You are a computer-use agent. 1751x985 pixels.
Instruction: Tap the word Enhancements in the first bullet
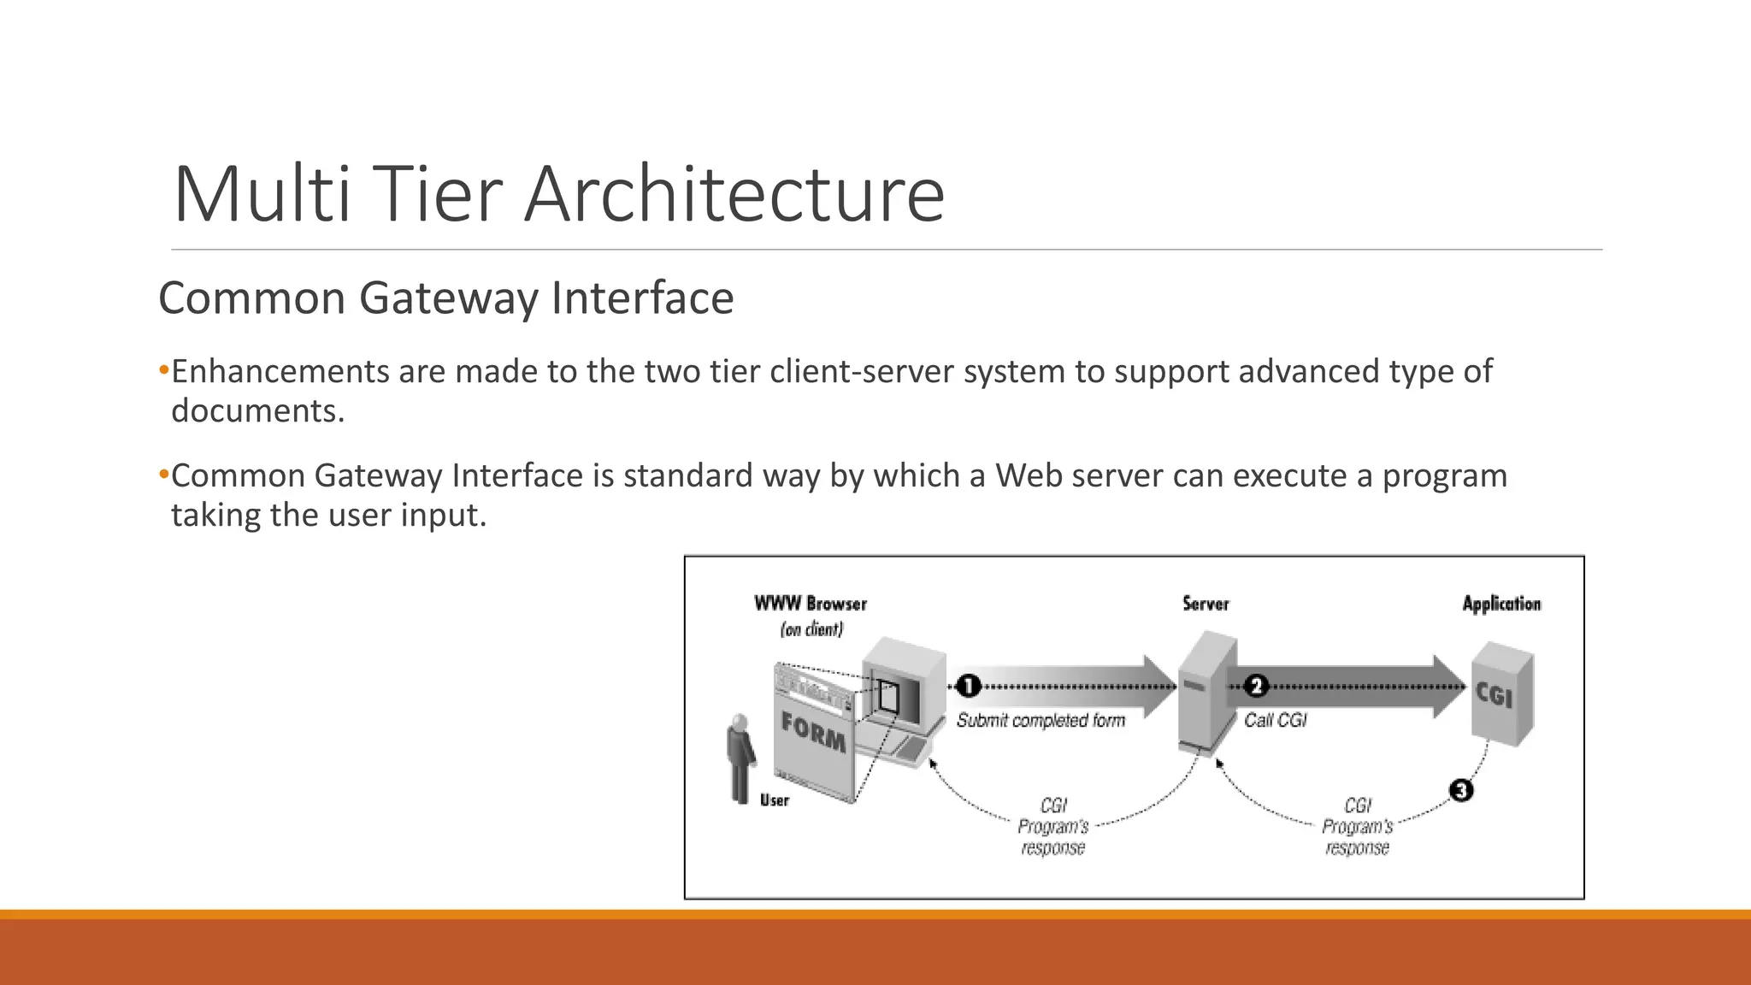[280, 372]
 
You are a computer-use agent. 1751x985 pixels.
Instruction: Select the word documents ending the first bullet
[256, 411]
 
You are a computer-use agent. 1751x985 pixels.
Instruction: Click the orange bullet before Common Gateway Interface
[164, 475]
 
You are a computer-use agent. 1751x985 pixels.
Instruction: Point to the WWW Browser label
[810, 604]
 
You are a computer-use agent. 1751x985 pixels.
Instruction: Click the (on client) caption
[811, 630]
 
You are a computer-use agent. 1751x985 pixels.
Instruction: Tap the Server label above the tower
[1206, 604]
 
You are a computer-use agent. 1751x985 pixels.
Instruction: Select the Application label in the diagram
[1501, 604]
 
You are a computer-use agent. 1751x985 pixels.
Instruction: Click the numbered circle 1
[968, 686]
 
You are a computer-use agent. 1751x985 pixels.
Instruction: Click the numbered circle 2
[1255, 686]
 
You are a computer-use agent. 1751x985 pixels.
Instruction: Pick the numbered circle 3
[1461, 790]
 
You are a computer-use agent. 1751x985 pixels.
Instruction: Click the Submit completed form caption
[1041, 721]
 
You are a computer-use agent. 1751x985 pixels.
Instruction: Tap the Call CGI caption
[1275, 721]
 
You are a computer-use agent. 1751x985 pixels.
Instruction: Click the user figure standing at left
[740, 758]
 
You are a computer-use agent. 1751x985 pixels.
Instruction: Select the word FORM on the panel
[813, 733]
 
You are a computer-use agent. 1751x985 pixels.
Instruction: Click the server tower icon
[1205, 693]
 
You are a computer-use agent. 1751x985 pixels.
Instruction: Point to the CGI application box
[1501, 697]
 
